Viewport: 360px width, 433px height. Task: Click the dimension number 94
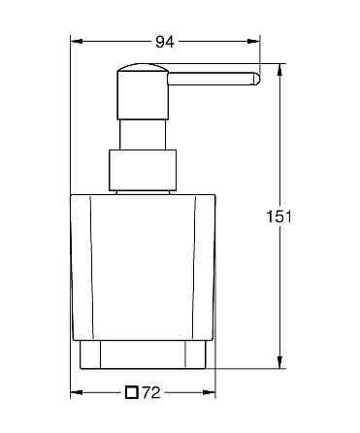(166, 42)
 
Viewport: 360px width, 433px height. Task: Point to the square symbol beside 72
(131, 393)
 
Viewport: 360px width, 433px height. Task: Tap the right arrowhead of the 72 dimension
(209, 393)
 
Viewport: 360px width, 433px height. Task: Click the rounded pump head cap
(143, 80)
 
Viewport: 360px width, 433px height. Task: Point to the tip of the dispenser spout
(256, 78)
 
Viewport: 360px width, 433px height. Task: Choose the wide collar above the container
(144, 172)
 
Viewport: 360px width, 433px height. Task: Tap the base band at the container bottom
(144, 355)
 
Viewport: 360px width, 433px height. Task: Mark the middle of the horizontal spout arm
(213, 78)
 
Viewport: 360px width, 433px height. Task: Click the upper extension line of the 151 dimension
(273, 64)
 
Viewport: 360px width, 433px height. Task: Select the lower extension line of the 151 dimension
(252, 371)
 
